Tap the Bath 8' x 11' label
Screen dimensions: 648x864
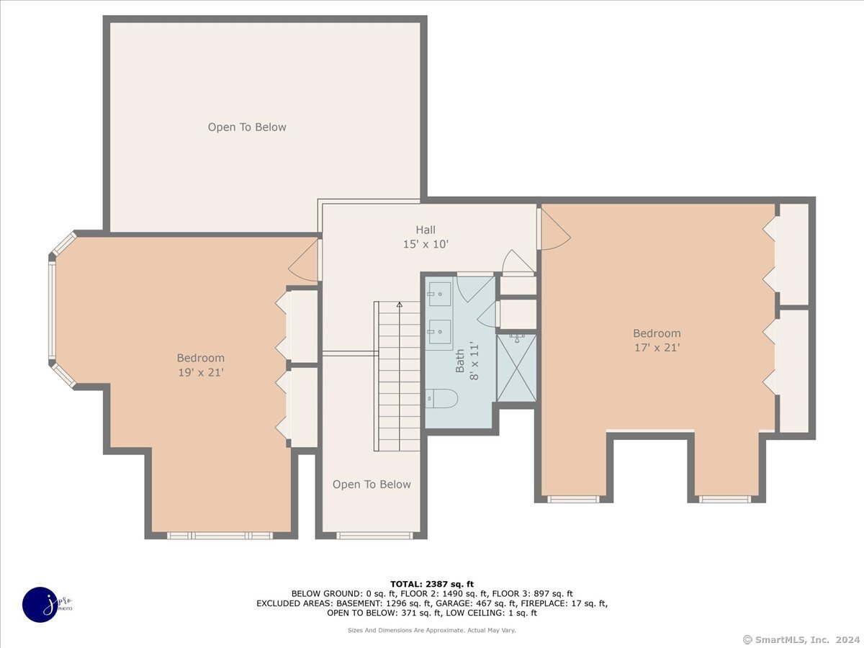[x=466, y=361]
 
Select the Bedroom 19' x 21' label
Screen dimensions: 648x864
[x=201, y=364]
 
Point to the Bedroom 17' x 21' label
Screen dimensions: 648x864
[x=657, y=340]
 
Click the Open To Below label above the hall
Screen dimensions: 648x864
[x=247, y=127]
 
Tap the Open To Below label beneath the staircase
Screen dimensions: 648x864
[x=372, y=485]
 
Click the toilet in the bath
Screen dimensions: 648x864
[x=441, y=397]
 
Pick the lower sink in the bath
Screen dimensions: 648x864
[x=438, y=331]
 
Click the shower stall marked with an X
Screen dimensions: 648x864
[x=516, y=368]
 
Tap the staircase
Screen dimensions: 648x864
[x=398, y=378]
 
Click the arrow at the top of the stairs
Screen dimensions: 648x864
[x=400, y=306]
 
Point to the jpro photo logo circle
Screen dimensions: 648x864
[x=41, y=604]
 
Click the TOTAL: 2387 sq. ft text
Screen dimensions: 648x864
[x=431, y=584]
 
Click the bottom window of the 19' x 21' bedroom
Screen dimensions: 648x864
[x=220, y=536]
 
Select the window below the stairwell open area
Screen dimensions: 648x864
[x=374, y=536]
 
